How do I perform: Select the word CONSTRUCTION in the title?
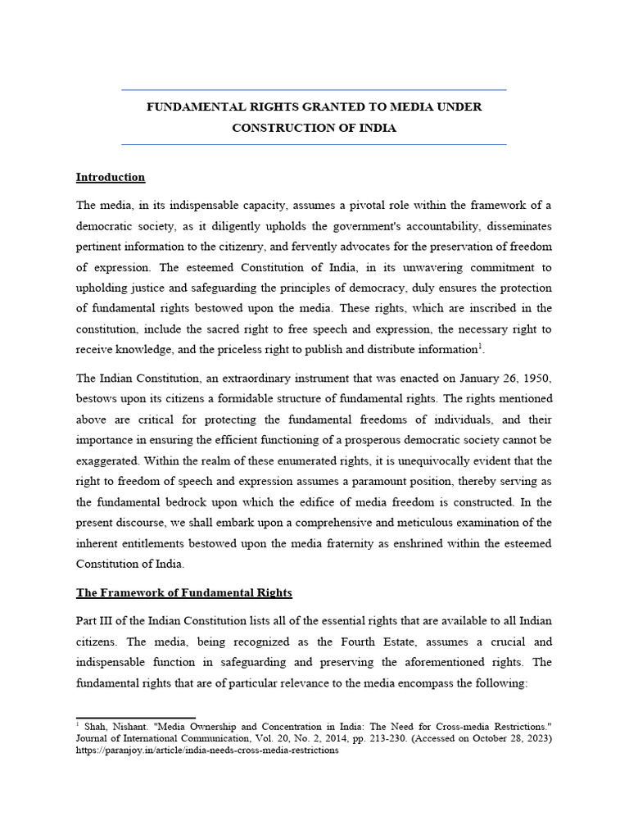(274, 128)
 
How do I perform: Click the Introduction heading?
(111, 177)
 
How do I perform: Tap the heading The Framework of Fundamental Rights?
(183, 592)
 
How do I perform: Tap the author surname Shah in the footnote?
(97, 726)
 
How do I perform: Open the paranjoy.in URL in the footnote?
(207, 751)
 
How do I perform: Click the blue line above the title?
(314, 89)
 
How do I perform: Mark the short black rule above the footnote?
(135, 718)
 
